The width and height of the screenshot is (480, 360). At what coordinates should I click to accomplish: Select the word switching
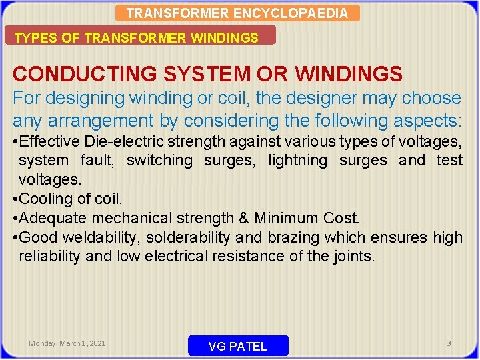coord(159,160)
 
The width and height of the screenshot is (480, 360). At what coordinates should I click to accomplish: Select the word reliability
coord(49,257)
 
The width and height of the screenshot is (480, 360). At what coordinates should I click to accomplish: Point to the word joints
coord(355,257)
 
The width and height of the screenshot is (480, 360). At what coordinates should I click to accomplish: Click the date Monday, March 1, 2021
coord(67,343)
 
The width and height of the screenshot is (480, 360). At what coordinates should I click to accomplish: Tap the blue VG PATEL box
coord(238,346)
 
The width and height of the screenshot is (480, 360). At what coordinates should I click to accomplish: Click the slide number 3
coord(449,343)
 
